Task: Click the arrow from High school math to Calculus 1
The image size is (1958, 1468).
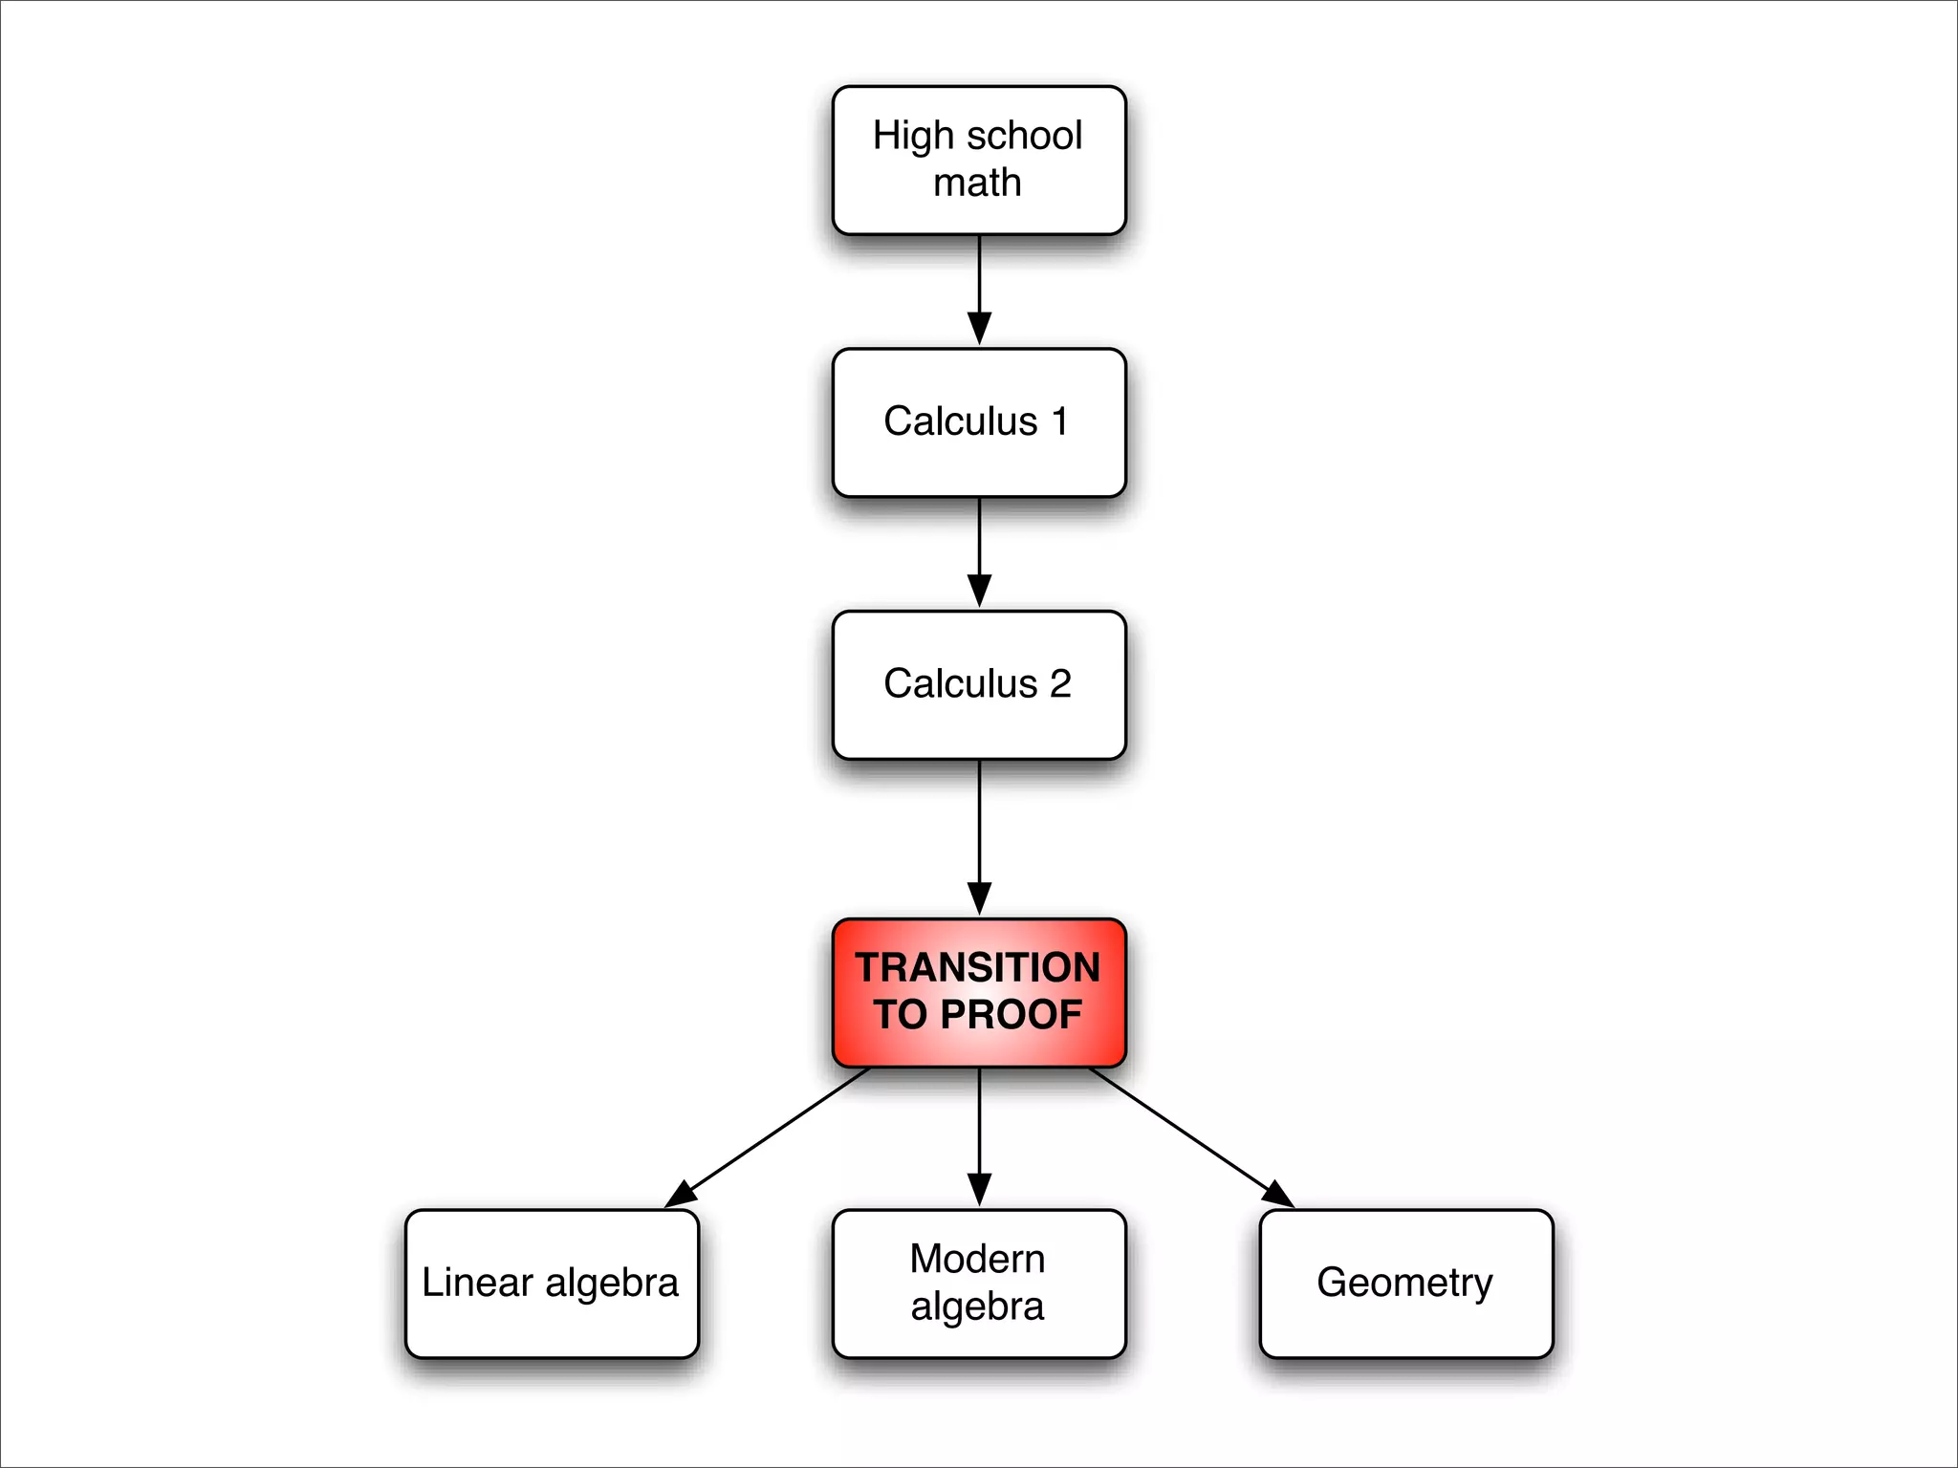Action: point(979,287)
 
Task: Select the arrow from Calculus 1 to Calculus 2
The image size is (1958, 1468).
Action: point(979,550)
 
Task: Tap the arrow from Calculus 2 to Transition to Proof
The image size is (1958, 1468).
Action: point(979,831)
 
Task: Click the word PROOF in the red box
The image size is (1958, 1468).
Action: point(1011,1015)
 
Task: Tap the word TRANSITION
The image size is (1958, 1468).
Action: point(977,967)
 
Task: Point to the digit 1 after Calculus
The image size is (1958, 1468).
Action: point(1058,421)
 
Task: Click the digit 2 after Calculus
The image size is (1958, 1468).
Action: point(1060,684)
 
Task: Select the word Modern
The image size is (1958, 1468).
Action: point(977,1259)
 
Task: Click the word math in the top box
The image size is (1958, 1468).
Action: point(977,183)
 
